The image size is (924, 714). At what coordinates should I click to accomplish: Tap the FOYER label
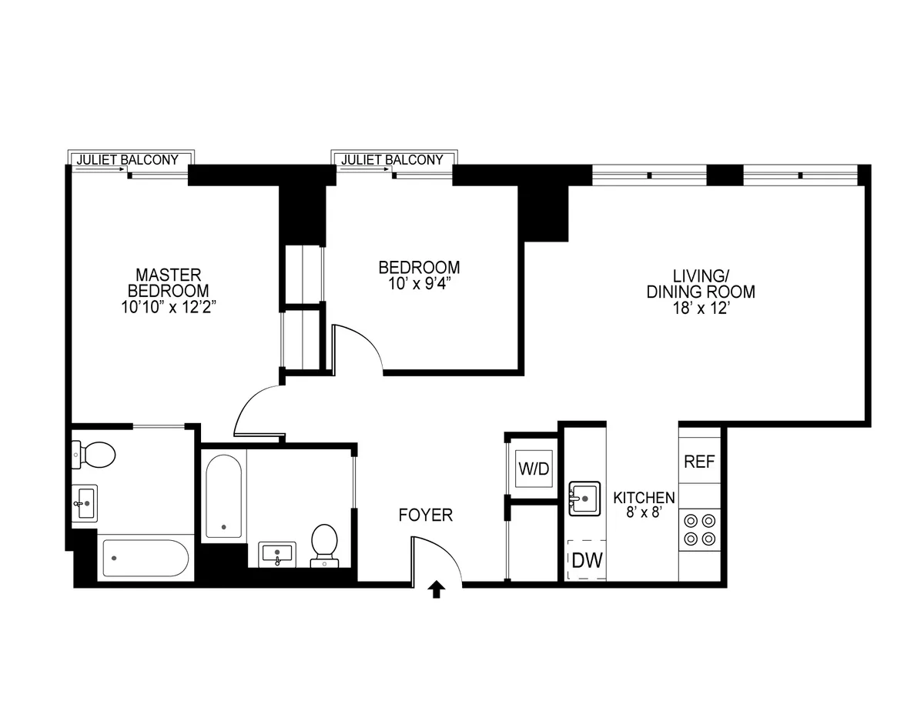(425, 515)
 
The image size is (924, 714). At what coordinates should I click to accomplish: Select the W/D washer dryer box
(534, 468)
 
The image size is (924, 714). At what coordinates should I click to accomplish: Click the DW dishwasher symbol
(587, 559)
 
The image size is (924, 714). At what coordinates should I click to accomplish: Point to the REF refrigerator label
(699, 462)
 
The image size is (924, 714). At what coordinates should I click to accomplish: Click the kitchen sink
(584, 499)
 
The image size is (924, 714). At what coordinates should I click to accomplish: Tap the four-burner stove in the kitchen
(699, 529)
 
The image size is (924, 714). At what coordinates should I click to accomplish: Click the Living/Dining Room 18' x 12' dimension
(700, 309)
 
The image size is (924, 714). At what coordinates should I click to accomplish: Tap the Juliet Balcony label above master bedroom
(127, 160)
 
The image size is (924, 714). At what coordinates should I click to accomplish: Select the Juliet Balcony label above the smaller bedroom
(392, 160)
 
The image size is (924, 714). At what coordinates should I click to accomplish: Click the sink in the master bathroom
(84, 504)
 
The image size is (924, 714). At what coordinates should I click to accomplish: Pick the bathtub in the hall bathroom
(224, 497)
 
